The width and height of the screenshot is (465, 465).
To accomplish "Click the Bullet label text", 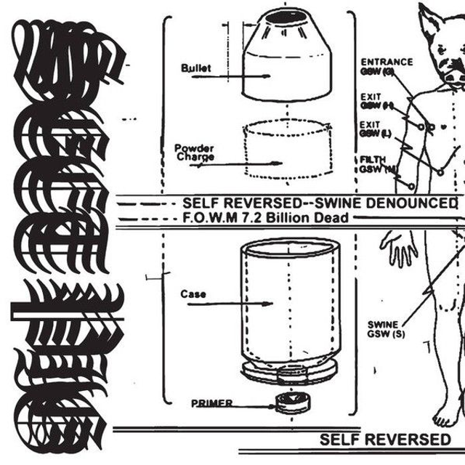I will (x=196, y=68).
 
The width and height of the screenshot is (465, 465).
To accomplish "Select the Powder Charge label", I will (x=194, y=153).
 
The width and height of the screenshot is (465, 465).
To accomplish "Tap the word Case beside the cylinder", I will (x=193, y=294).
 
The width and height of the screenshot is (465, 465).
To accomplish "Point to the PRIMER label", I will (x=212, y=403).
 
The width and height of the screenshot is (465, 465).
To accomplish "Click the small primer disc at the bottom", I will (x=293, y=402).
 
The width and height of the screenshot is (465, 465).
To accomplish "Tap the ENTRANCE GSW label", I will (x=386, y=66).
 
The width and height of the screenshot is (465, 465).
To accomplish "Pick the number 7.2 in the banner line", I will (x=254, y=217).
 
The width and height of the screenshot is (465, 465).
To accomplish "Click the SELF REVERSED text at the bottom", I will (x=385, y=440).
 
